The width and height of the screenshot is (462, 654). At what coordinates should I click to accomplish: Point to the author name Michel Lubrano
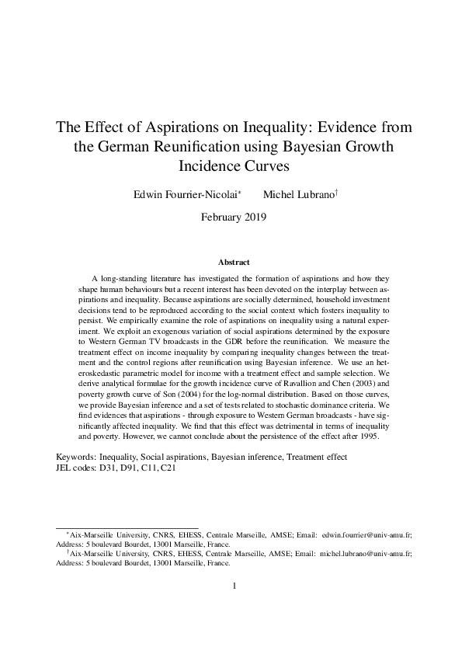297,193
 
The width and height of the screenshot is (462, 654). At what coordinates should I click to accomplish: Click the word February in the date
221,217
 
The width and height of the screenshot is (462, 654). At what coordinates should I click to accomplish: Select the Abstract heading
231,263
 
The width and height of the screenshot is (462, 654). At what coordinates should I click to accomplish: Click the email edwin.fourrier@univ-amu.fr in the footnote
366,535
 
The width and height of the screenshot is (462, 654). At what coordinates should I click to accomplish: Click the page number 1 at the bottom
234,586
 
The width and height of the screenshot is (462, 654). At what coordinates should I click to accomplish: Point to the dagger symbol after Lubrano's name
335,190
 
